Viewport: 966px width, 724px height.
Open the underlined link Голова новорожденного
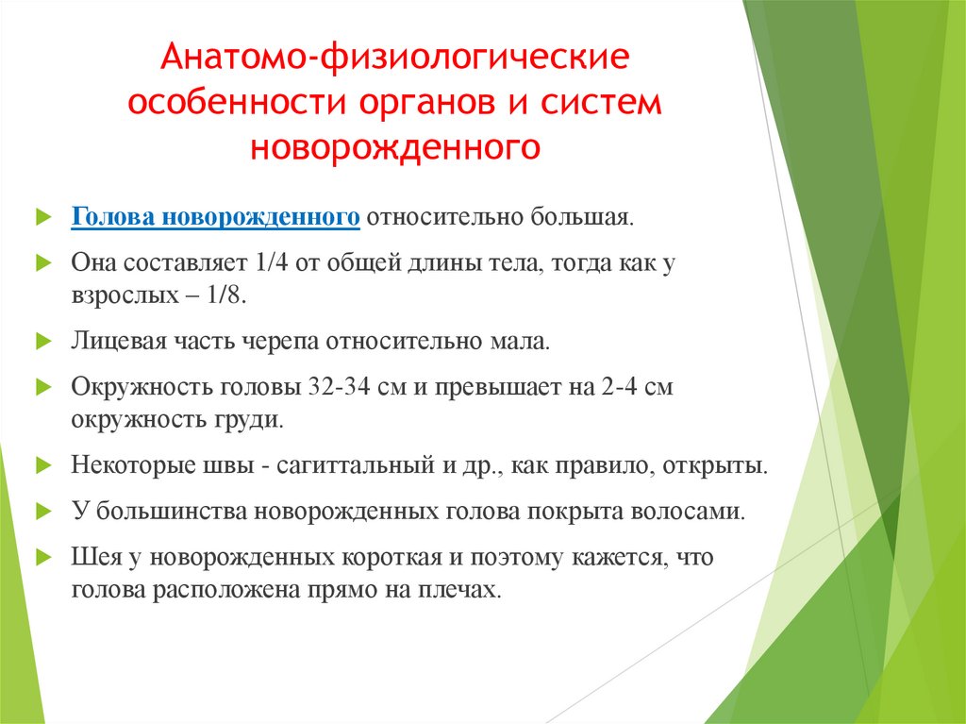(216, 218)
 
